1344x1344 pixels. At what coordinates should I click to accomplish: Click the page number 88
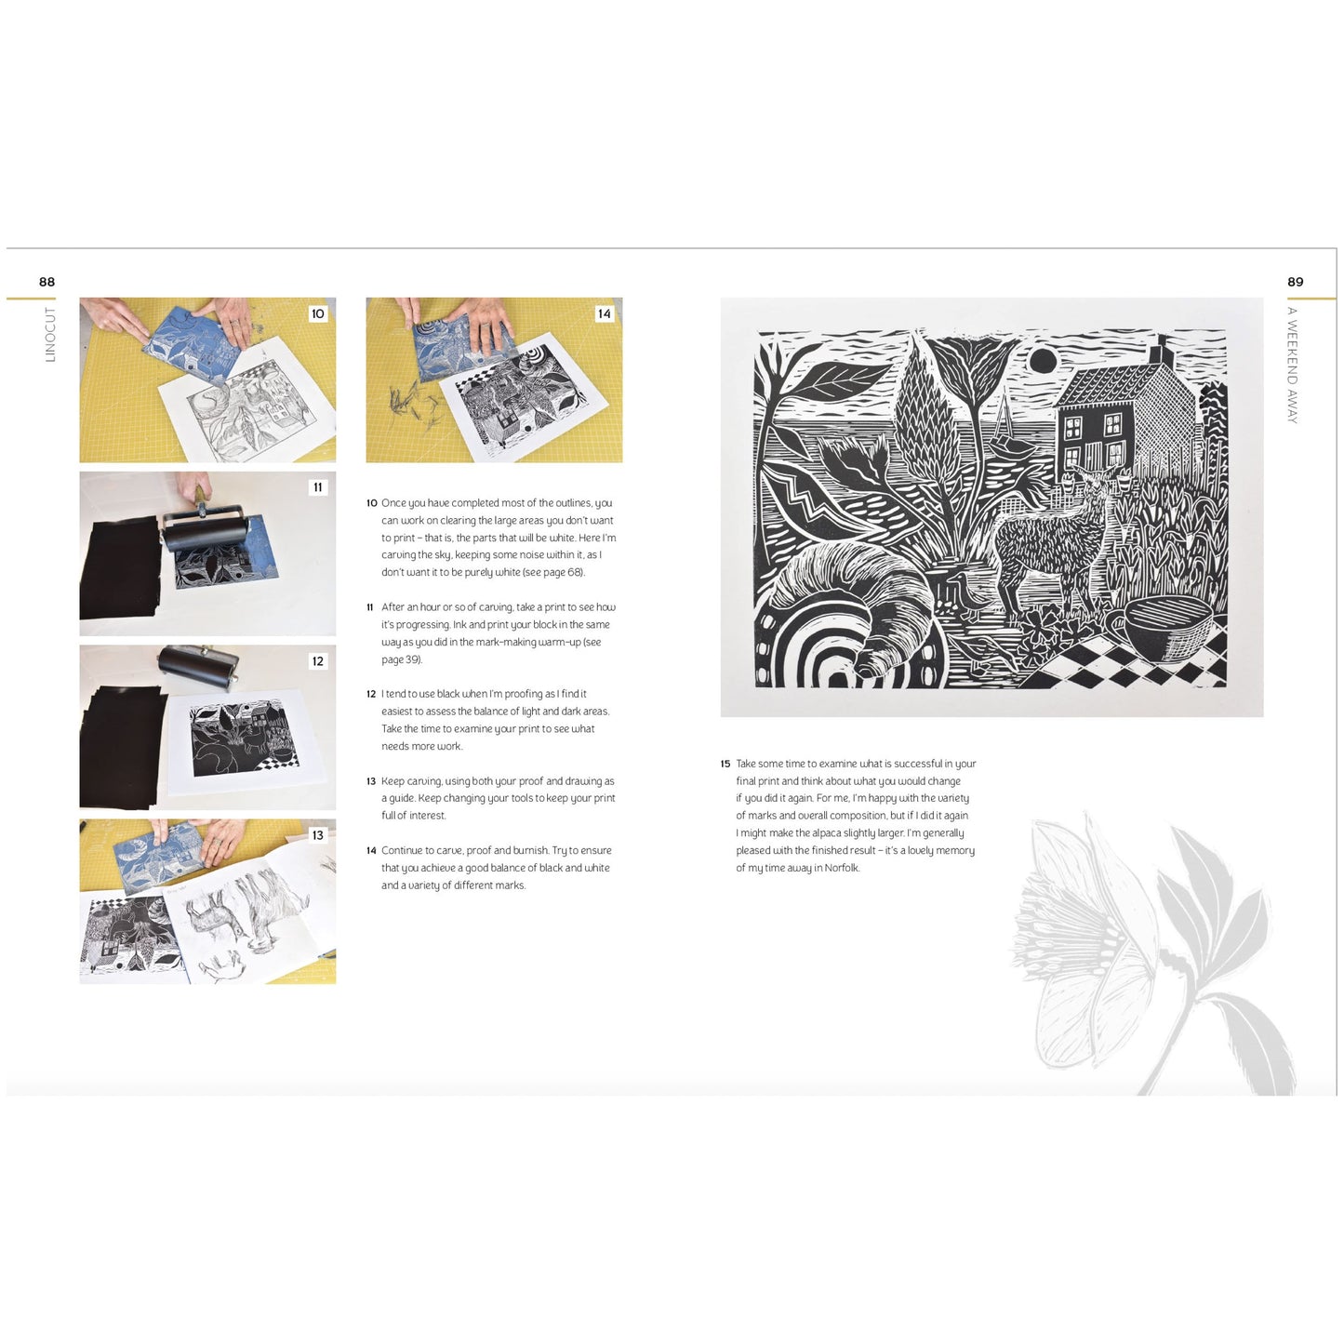[x=47, y=282]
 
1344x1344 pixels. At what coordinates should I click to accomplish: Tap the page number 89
[x=1295, y=282]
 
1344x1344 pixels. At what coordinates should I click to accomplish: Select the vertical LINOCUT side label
[x=50, y=334]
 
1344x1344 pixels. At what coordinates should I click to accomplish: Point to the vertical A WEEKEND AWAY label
[x=1292, y=365]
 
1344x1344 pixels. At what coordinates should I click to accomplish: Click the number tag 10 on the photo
[x=318, y=313]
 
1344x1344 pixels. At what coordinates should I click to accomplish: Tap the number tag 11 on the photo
[x=318, y=487]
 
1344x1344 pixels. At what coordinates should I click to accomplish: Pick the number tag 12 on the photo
[x=318, y=661]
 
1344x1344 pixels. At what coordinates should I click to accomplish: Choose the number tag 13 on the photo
[x=318, y=835]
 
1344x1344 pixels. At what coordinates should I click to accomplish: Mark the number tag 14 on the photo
[x=605, y=313]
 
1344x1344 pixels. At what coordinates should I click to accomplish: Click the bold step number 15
[x=725, y=765]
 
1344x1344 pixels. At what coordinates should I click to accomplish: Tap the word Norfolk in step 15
[x=842, y=869]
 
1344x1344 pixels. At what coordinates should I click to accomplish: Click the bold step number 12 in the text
[x=371, y=695]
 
